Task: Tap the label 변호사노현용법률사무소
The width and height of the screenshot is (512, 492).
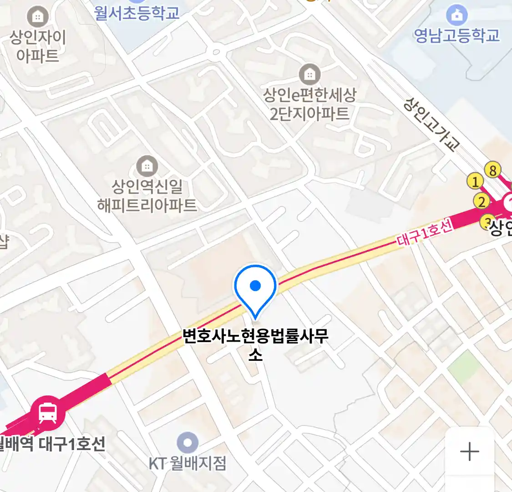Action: click(255, 344)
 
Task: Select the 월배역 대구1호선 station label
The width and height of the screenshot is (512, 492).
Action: click(52, 443)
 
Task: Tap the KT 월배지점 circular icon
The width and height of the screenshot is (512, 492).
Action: click(188, 442)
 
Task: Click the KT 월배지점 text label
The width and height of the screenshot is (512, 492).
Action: click(188, 464)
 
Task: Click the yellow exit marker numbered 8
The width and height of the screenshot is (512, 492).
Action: click(492, 170)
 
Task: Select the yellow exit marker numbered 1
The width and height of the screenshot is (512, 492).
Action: click(475, 182)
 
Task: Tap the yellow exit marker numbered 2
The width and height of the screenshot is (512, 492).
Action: click(482, 201)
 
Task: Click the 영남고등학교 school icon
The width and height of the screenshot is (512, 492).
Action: click(456, 15)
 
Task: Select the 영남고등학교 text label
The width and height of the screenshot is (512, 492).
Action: click(456, 36)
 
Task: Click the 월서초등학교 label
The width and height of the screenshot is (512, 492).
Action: click(137, 12)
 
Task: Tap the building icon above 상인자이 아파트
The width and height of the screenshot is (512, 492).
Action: click(38, 17)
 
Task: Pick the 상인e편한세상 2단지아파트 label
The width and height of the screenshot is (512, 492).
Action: click(309, 104)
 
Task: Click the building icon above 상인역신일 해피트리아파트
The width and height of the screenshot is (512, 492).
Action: click(147, 166)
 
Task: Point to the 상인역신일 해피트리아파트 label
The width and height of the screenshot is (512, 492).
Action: click(147, 195)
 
